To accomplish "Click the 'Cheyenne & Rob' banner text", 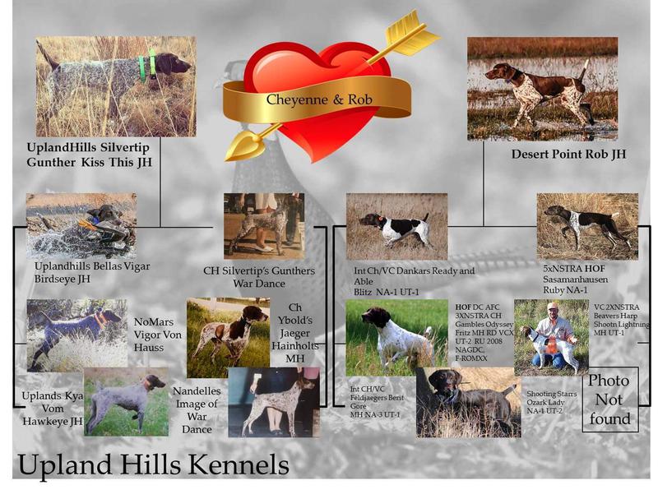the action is point(319,99).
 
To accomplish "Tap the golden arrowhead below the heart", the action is point(243,145).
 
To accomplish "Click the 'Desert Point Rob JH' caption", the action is point(568,154).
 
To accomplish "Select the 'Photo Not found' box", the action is point(610,400).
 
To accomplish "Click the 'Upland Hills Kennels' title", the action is point(153,464).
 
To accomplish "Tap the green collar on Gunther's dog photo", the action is point(147,65).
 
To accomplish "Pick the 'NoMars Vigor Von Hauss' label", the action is point(158,335).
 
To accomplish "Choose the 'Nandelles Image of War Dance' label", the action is point(197,409).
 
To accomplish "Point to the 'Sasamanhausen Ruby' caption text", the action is point(575,284).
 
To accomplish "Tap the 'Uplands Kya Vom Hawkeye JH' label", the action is point(53,408).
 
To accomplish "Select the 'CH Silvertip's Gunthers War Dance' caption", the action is point(259,277).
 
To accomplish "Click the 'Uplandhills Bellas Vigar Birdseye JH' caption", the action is point(92,272).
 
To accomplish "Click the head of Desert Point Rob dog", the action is point(499,72).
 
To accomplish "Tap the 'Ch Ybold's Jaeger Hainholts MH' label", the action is point(294,333).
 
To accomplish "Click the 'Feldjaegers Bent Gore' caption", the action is point(377,402).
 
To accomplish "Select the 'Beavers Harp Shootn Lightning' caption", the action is point(621,320).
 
